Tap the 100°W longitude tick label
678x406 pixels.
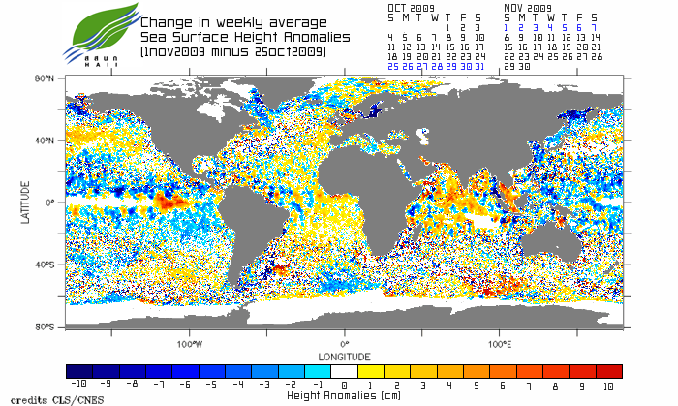189,343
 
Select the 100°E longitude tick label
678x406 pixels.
499,343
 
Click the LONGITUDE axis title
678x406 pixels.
344,355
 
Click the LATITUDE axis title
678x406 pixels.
25,203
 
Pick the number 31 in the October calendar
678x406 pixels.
478,67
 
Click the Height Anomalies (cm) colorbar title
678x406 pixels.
344,396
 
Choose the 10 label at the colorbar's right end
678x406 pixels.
608,385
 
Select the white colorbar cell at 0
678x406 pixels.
344,371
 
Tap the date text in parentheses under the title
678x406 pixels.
231,50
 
